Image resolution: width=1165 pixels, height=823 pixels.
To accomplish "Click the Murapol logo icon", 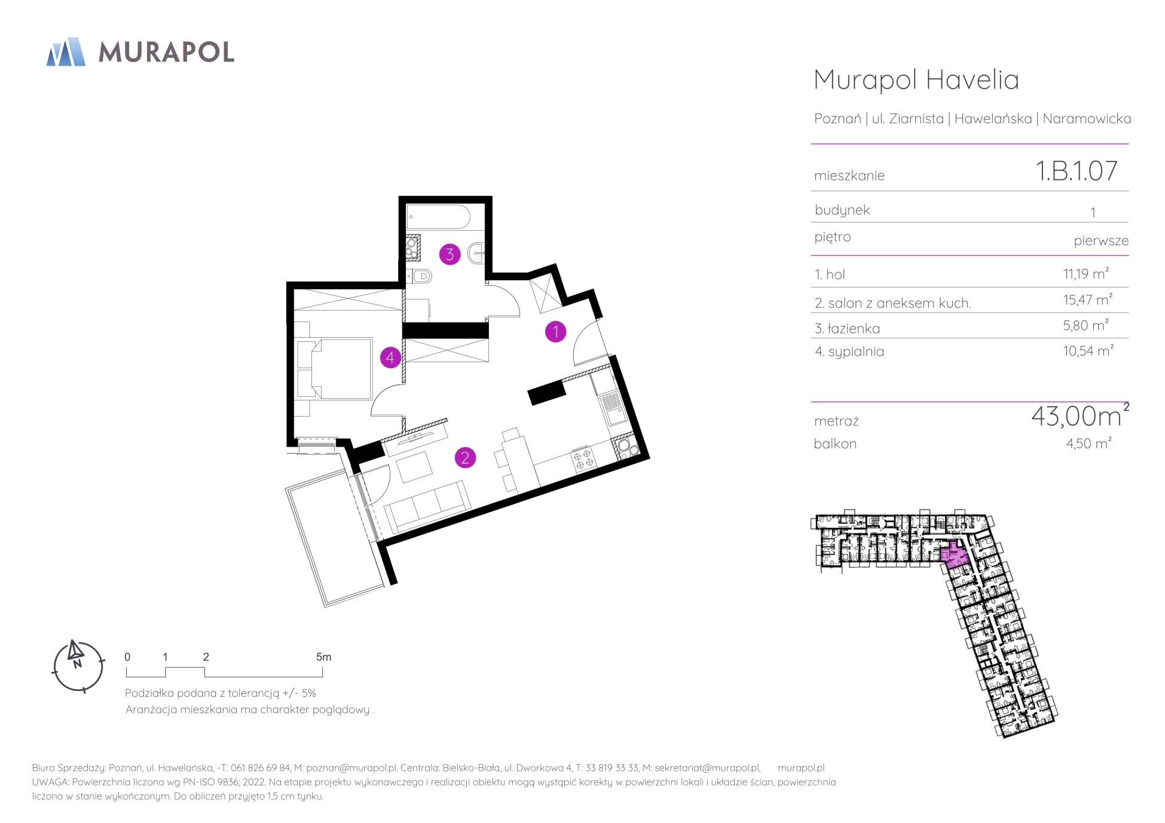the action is (x=66, y=51).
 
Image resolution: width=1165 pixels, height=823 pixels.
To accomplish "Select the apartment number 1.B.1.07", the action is (x=1076, y=171).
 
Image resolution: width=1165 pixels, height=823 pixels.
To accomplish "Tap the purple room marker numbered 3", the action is (x=450, y=254).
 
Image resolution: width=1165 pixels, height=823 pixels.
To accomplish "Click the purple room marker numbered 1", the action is (x=555, y=331).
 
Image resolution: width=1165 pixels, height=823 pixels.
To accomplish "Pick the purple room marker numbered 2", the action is (x=465, y=458).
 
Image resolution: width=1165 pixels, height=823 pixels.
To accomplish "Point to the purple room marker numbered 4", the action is (x=390, y=358).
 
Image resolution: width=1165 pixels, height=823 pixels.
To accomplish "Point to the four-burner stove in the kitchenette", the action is (x=583, y=459).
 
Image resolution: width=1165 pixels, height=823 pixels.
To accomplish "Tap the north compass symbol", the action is (x=78, y=666).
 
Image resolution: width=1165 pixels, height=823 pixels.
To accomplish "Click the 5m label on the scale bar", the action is (x=323, y=657).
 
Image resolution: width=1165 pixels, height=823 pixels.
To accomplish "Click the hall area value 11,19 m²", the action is (x=1086, y=274).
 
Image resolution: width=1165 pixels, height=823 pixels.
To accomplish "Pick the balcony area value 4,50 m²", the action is (x=1088, y=443).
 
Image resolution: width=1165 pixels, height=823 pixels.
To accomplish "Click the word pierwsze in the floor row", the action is (x=1101, y=241).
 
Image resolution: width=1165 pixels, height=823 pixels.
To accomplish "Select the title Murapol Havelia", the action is (x=916, y=80).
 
